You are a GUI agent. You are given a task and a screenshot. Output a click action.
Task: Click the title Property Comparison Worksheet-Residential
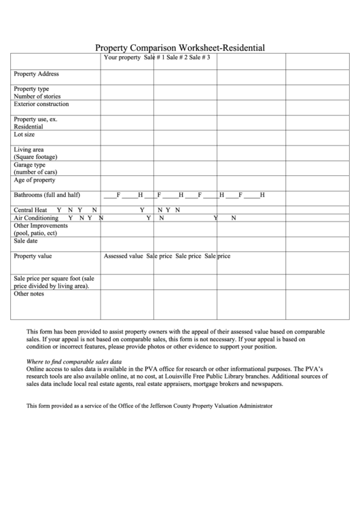tap(180, 48)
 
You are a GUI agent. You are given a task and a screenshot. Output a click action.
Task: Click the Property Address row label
tap(37, 74)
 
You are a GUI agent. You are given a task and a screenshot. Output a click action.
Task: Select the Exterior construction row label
tap(41, 105)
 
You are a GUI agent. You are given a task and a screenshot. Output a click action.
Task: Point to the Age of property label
tap(35, 180)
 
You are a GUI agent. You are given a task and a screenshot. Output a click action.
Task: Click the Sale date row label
tap(26, 241)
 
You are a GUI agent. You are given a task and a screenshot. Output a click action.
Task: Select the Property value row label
tap(33, 256)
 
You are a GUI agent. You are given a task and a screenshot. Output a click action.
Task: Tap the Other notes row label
tap(29, 294)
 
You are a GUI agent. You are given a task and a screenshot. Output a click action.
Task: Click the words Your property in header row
tap(122, 58)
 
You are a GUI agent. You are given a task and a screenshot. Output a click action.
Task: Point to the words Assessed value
tap(123, 256)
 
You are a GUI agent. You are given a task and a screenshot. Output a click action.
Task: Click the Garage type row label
tap(30, 164)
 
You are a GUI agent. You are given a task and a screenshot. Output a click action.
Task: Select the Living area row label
tap(29, 150)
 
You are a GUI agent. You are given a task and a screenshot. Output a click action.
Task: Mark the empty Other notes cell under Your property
tap(126, 304)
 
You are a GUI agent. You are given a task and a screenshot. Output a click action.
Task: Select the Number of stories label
tap(37, 96)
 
